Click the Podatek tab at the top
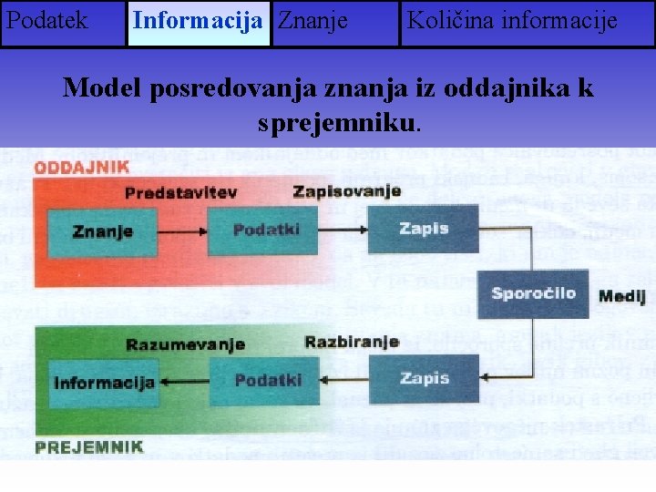[x=46, y=21]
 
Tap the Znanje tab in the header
[x=312, y=21]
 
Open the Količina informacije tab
[x=512, y=21]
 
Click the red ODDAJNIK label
[x=82, y=169]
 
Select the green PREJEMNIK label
[x=89, y=446]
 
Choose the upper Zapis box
[x=423, y=229]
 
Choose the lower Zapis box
[x=423, y=378]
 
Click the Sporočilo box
[x=533, y=293]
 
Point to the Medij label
[x=622, y=295]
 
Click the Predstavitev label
[x=180, y=193]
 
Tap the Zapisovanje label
[x=347, y=191]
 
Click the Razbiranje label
[x=352, y=343]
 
